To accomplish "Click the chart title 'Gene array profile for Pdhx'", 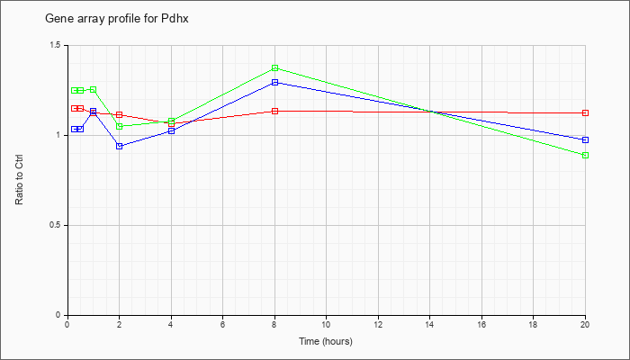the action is click(116, 19).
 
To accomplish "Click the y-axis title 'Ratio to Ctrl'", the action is click(19, 179).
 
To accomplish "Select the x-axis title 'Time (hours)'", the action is click(326, 341).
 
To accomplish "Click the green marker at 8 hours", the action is click(274, 67).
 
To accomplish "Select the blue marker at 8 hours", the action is click(274, 83).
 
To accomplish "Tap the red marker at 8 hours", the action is click(274, 112).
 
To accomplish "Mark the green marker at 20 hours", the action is click(585, 155).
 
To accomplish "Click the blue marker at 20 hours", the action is click(585, 139).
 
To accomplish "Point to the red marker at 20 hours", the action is click(585, 112).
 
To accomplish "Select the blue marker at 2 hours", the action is click(120, 146).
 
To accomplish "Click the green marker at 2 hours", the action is click(120, 126).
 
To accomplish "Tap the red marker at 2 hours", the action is click(120, 115).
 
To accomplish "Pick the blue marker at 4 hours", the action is click(172, 131).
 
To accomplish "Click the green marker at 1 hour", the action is click(94, 90).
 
